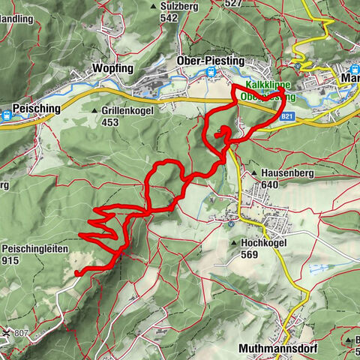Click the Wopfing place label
[112, 68]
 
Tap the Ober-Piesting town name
[187, 60]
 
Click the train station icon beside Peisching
[7, 115]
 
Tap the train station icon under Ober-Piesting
[211, 73]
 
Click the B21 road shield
[287, 118]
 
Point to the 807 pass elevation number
[27, 333]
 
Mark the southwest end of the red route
[78, 274]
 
